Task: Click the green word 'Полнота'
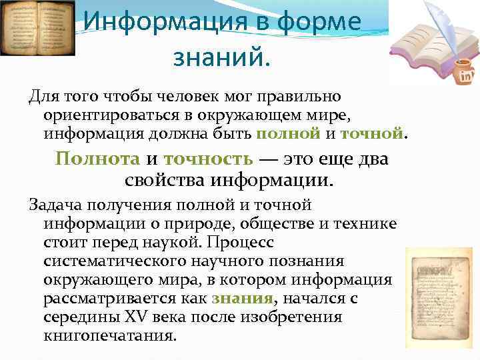[x=97, y=159]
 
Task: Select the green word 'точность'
[x=208, y=159]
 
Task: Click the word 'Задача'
[x=58, y=205]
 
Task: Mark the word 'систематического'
[x=111, y=261]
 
